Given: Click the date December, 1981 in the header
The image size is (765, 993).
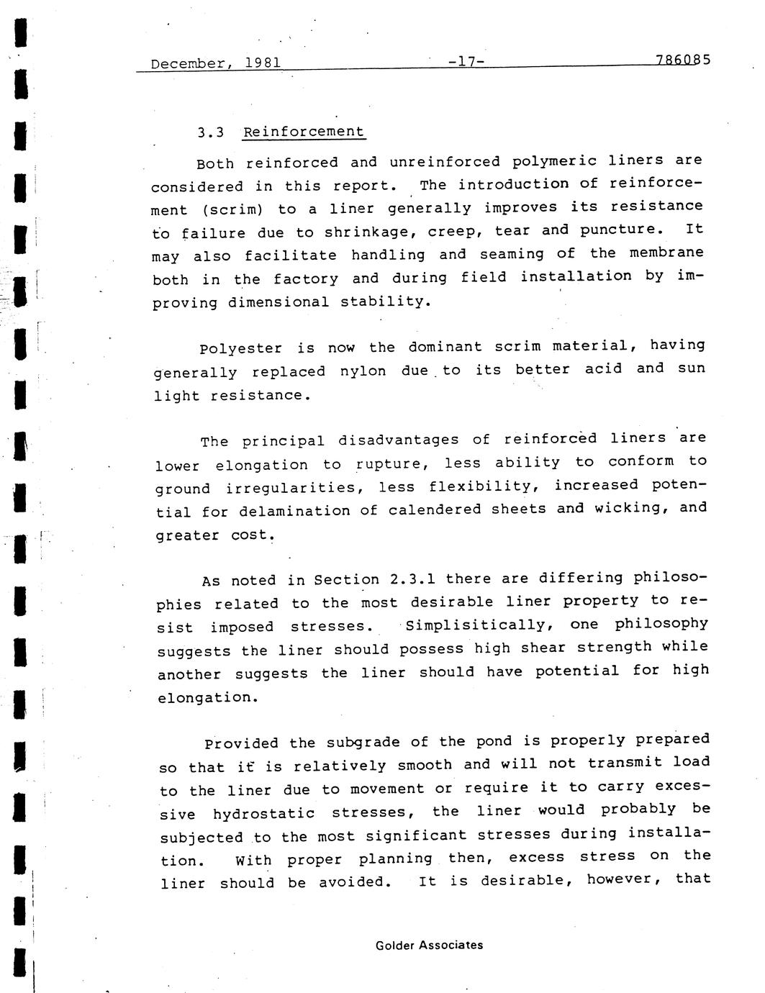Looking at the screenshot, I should pyautogui.click(x=215, y=63).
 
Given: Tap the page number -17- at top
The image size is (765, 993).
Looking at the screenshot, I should pyautogui.click(x=465, y=61).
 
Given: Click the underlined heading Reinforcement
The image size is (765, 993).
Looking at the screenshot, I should pyautogui.click(x=304, y=132).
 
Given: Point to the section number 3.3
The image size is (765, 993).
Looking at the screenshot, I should pyautogui.click(x=210, y=132).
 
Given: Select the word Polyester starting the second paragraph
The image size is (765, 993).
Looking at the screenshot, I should pyautogui.click(x=240, y=349).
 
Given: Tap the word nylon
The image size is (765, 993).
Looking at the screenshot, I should pyautogui.click(x=363, y=371).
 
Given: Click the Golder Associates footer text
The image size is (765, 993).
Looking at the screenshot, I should pyautogui.click(x=429, y=946).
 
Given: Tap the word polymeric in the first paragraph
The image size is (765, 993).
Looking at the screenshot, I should pyautogui.click(x=554, y=160).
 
